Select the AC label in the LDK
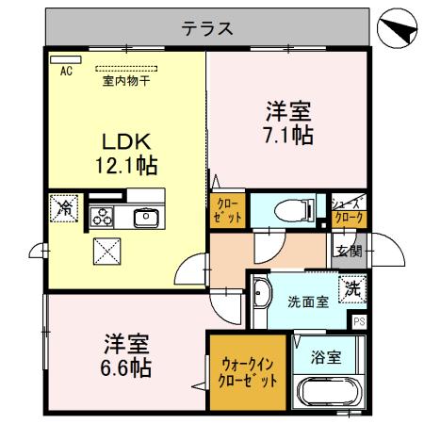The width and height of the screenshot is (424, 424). [66, 70]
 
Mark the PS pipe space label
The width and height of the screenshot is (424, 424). [359, 322]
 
